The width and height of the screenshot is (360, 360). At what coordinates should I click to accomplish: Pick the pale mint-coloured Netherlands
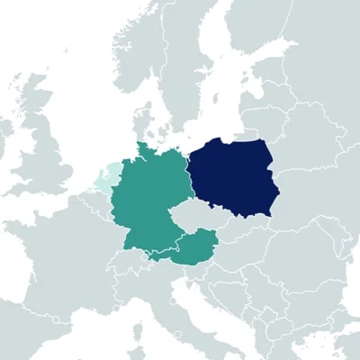click(105, 175)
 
